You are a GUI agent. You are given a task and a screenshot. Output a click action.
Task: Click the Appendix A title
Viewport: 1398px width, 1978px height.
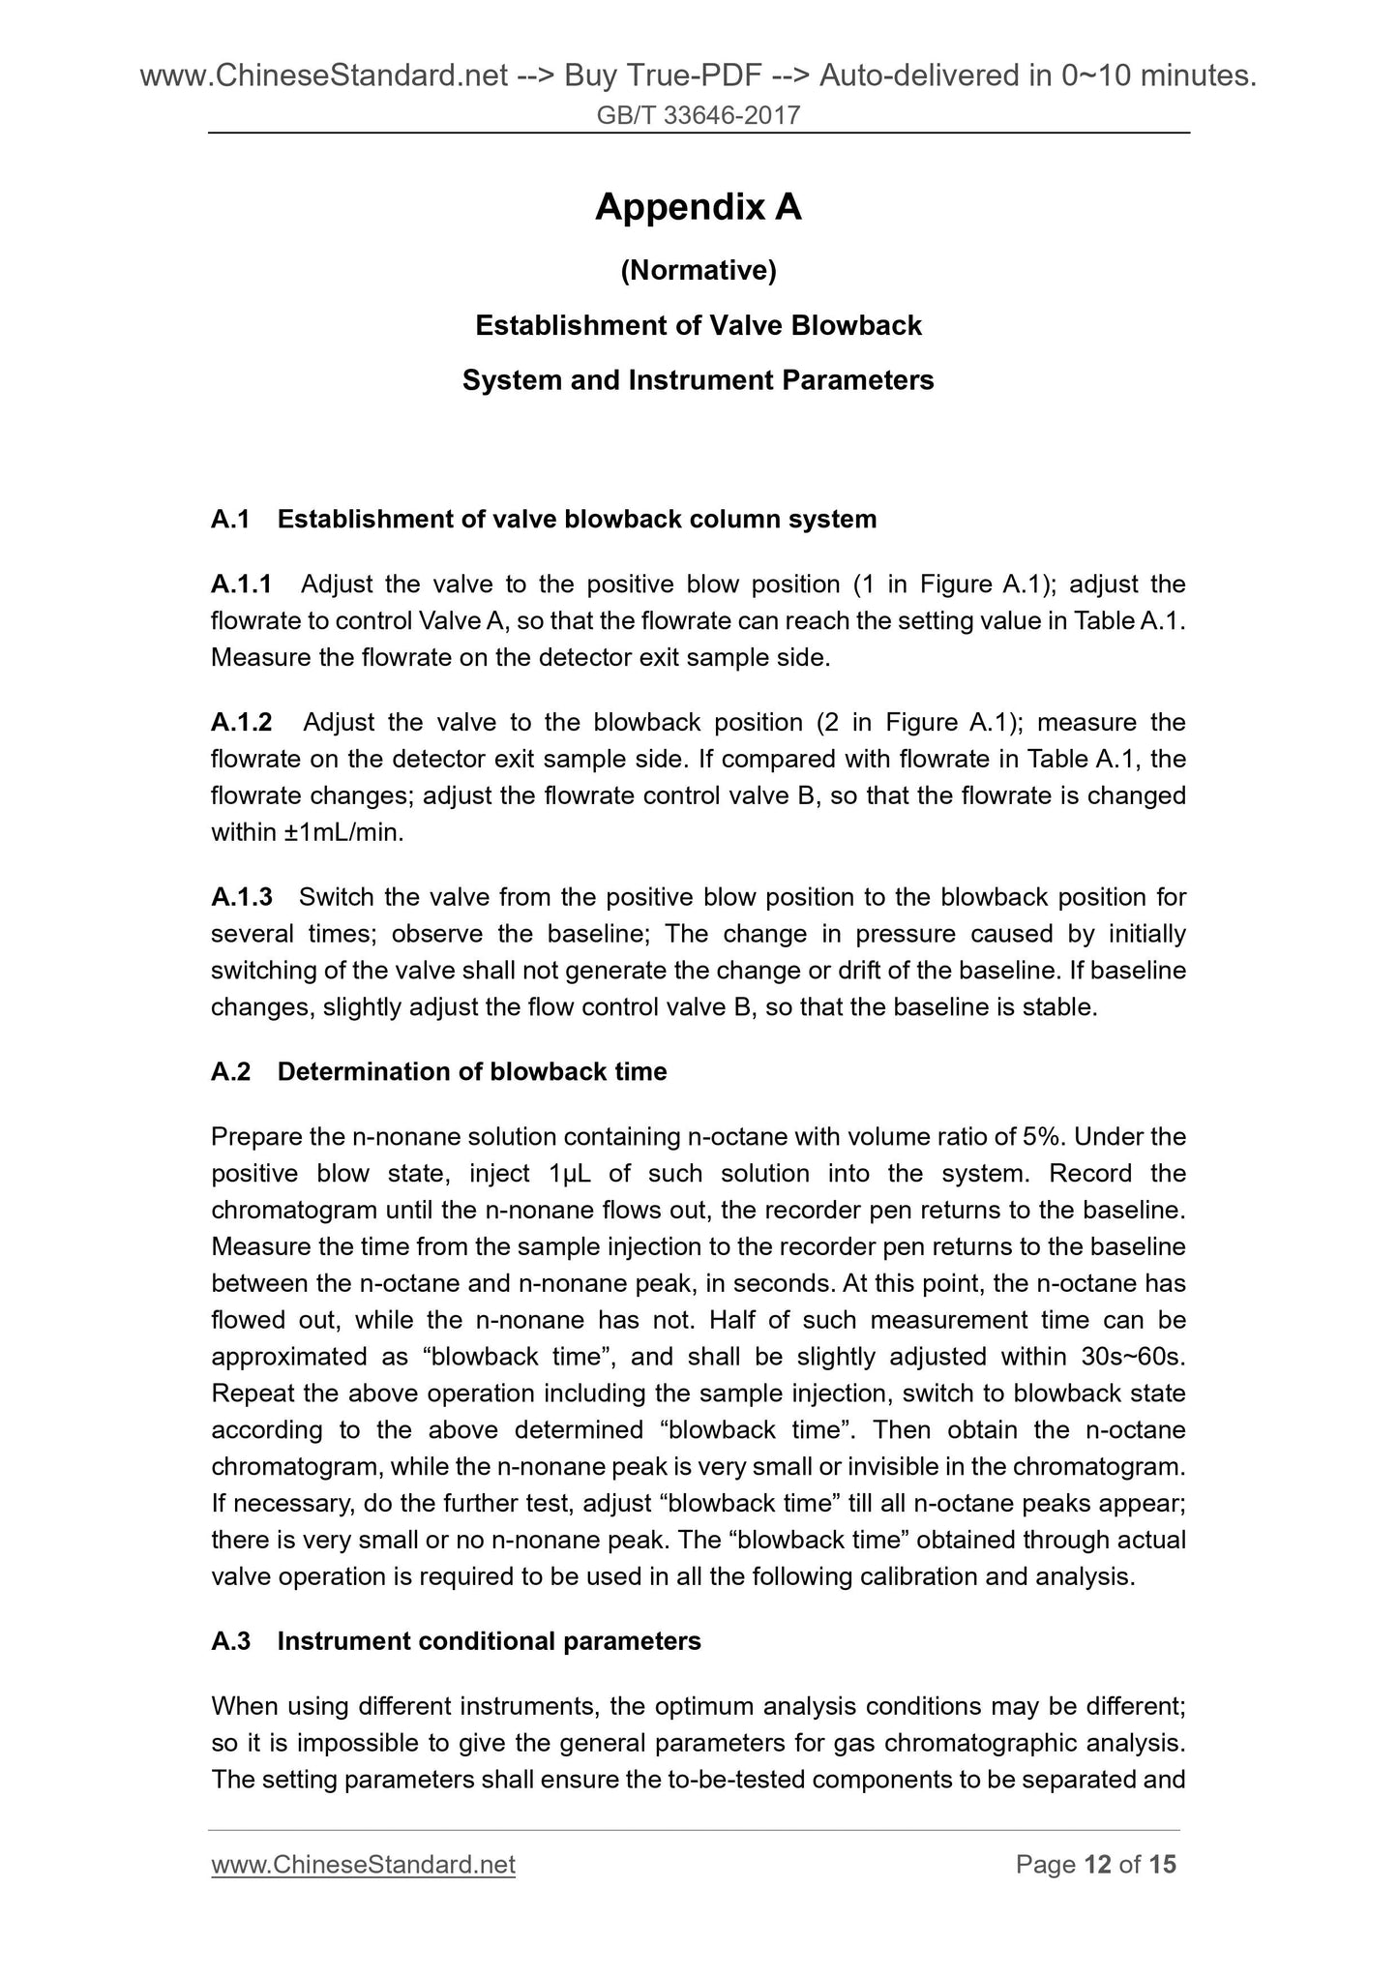698,206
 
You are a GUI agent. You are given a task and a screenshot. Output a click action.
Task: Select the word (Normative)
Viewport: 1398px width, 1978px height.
698,271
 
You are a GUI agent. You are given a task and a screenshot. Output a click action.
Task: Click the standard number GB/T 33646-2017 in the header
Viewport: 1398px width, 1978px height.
698,116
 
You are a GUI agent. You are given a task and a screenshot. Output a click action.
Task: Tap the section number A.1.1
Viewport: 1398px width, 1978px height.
241,584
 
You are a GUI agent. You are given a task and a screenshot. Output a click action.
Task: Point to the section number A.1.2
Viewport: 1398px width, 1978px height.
241,722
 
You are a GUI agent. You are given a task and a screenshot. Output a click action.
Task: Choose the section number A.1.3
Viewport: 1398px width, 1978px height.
241,897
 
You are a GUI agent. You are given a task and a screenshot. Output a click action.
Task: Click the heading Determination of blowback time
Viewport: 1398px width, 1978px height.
471,1071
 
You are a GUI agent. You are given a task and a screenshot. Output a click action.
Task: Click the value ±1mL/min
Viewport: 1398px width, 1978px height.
342,832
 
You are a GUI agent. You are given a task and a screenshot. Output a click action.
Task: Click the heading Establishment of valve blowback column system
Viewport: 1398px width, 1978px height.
577,520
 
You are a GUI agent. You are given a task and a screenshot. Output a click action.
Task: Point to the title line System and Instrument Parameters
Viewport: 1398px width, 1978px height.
698,380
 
